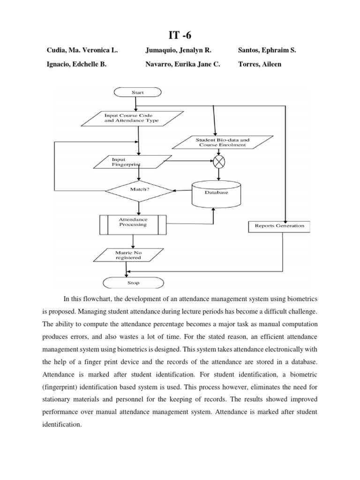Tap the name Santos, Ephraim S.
[267, 50]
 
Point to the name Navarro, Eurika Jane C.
[182, 64]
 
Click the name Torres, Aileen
[260, 64]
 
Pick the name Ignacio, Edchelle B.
[76, 64]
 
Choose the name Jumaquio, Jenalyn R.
[179, 50]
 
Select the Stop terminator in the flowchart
[133, 283]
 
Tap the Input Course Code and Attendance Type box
[132, 118]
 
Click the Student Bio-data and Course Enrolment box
[222, 142]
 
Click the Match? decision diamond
[139, 190]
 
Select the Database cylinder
[216, 193]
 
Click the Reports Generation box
[279, 226]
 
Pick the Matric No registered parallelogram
[128, 255]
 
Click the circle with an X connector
[219, 162]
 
